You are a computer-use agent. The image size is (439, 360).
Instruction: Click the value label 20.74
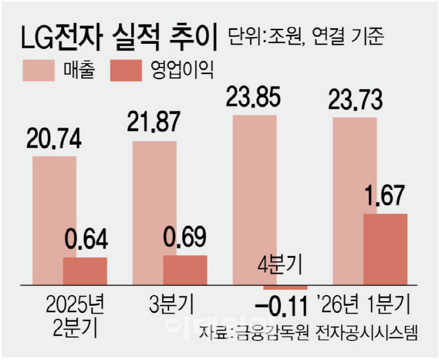[55, 140]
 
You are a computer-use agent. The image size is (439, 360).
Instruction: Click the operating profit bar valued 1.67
[385, 249]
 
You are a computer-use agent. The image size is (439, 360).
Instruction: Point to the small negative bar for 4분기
[285, 287]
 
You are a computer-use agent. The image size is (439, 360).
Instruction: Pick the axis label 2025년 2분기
[71, 315]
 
